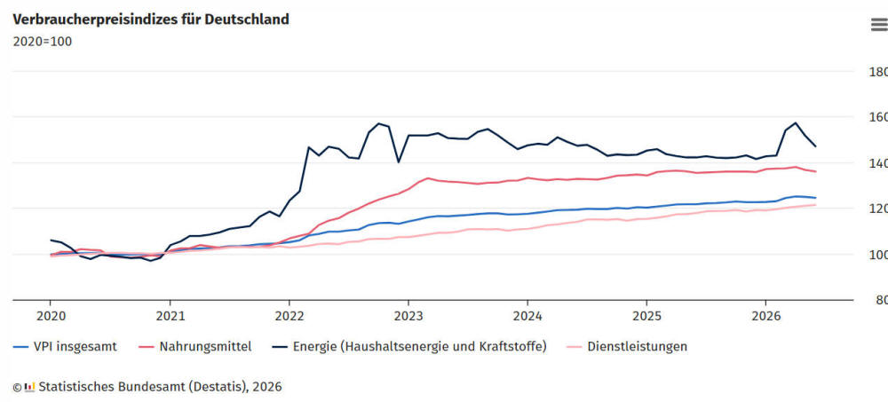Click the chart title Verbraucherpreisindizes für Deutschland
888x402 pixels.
click(x=151, y=20)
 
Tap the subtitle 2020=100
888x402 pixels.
click(x=43, y=42)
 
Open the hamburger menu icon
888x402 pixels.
click(x=879, y=25)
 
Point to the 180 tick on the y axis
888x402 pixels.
click(x=878, y=72)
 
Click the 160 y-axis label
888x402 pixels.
click(x=878, y=118)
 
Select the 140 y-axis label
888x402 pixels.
click(x=878, y=163)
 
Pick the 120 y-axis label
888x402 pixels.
click(x=878, y=209)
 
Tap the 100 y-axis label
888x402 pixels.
click(x=878, y=255)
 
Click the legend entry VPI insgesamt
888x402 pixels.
click(x=65, y=346)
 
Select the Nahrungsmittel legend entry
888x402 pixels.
click(x=195, y=346)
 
